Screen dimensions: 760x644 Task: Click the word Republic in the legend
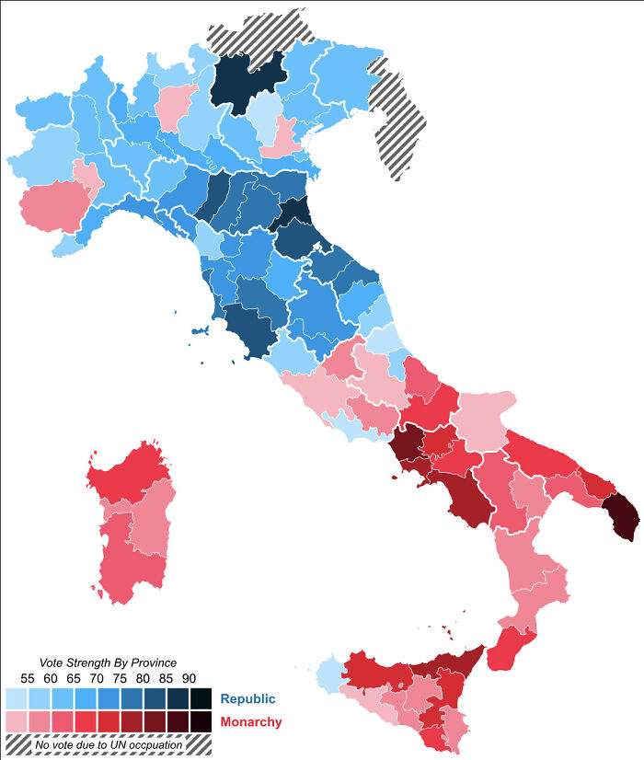pos(247,699)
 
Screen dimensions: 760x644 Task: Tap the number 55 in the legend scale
pos(29,679)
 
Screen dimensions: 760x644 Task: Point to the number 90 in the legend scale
pos(189,679)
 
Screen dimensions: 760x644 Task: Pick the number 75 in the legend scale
pos(120,679)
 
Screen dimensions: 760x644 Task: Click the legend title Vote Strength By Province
pos(107,662)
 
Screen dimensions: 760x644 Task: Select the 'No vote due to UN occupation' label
pos(108,743)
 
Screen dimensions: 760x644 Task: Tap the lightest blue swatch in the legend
pos(17,698)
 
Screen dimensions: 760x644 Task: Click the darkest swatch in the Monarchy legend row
pos(200,721)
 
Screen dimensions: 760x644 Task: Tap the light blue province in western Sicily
pos(327,675)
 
